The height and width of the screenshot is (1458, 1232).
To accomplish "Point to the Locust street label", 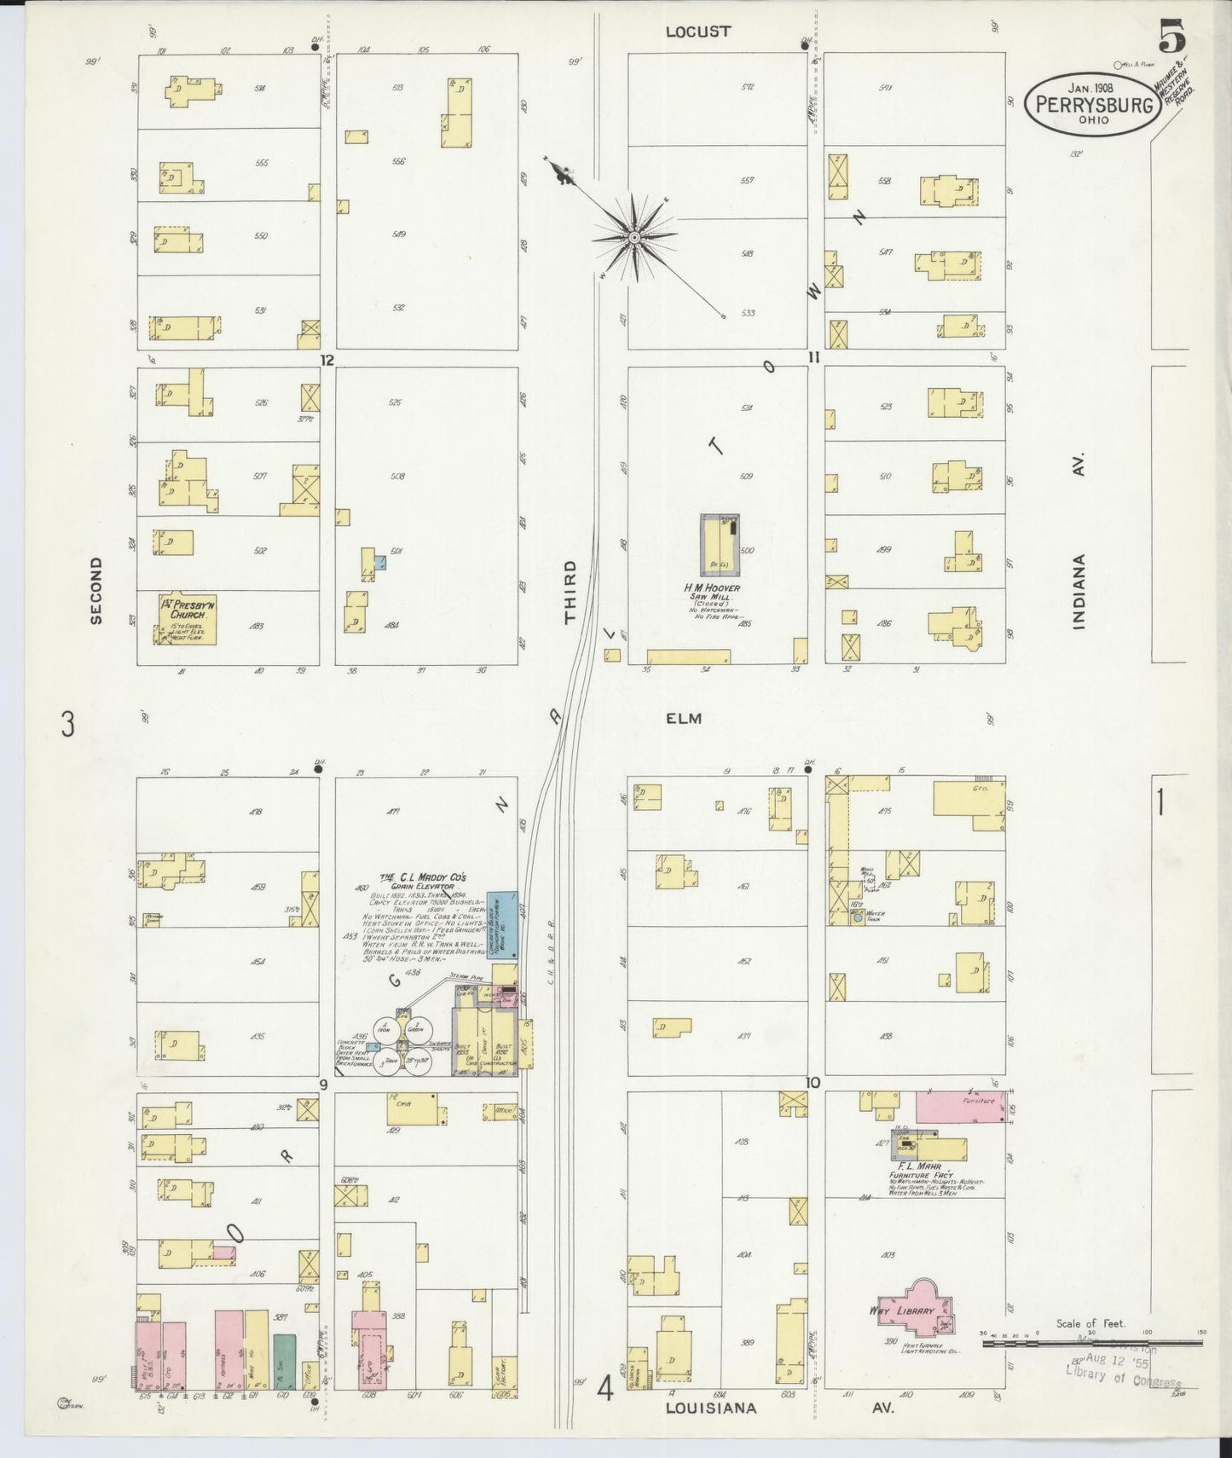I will (697, 32).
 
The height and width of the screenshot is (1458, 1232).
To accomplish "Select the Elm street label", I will (684, 719).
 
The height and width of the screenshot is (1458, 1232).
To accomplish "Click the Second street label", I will (95, 591).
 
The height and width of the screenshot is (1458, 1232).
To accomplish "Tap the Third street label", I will (570, 591).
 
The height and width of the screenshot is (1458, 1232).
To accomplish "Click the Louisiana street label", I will (710, 1408).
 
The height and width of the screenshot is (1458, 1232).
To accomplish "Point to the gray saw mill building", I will (719, 544).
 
